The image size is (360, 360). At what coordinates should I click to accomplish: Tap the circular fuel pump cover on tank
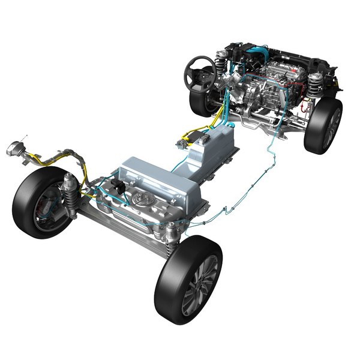(x=142, y=199)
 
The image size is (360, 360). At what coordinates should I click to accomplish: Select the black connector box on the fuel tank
(x=121, y=186)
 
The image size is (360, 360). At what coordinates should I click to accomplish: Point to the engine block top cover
(x=280, y=72)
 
